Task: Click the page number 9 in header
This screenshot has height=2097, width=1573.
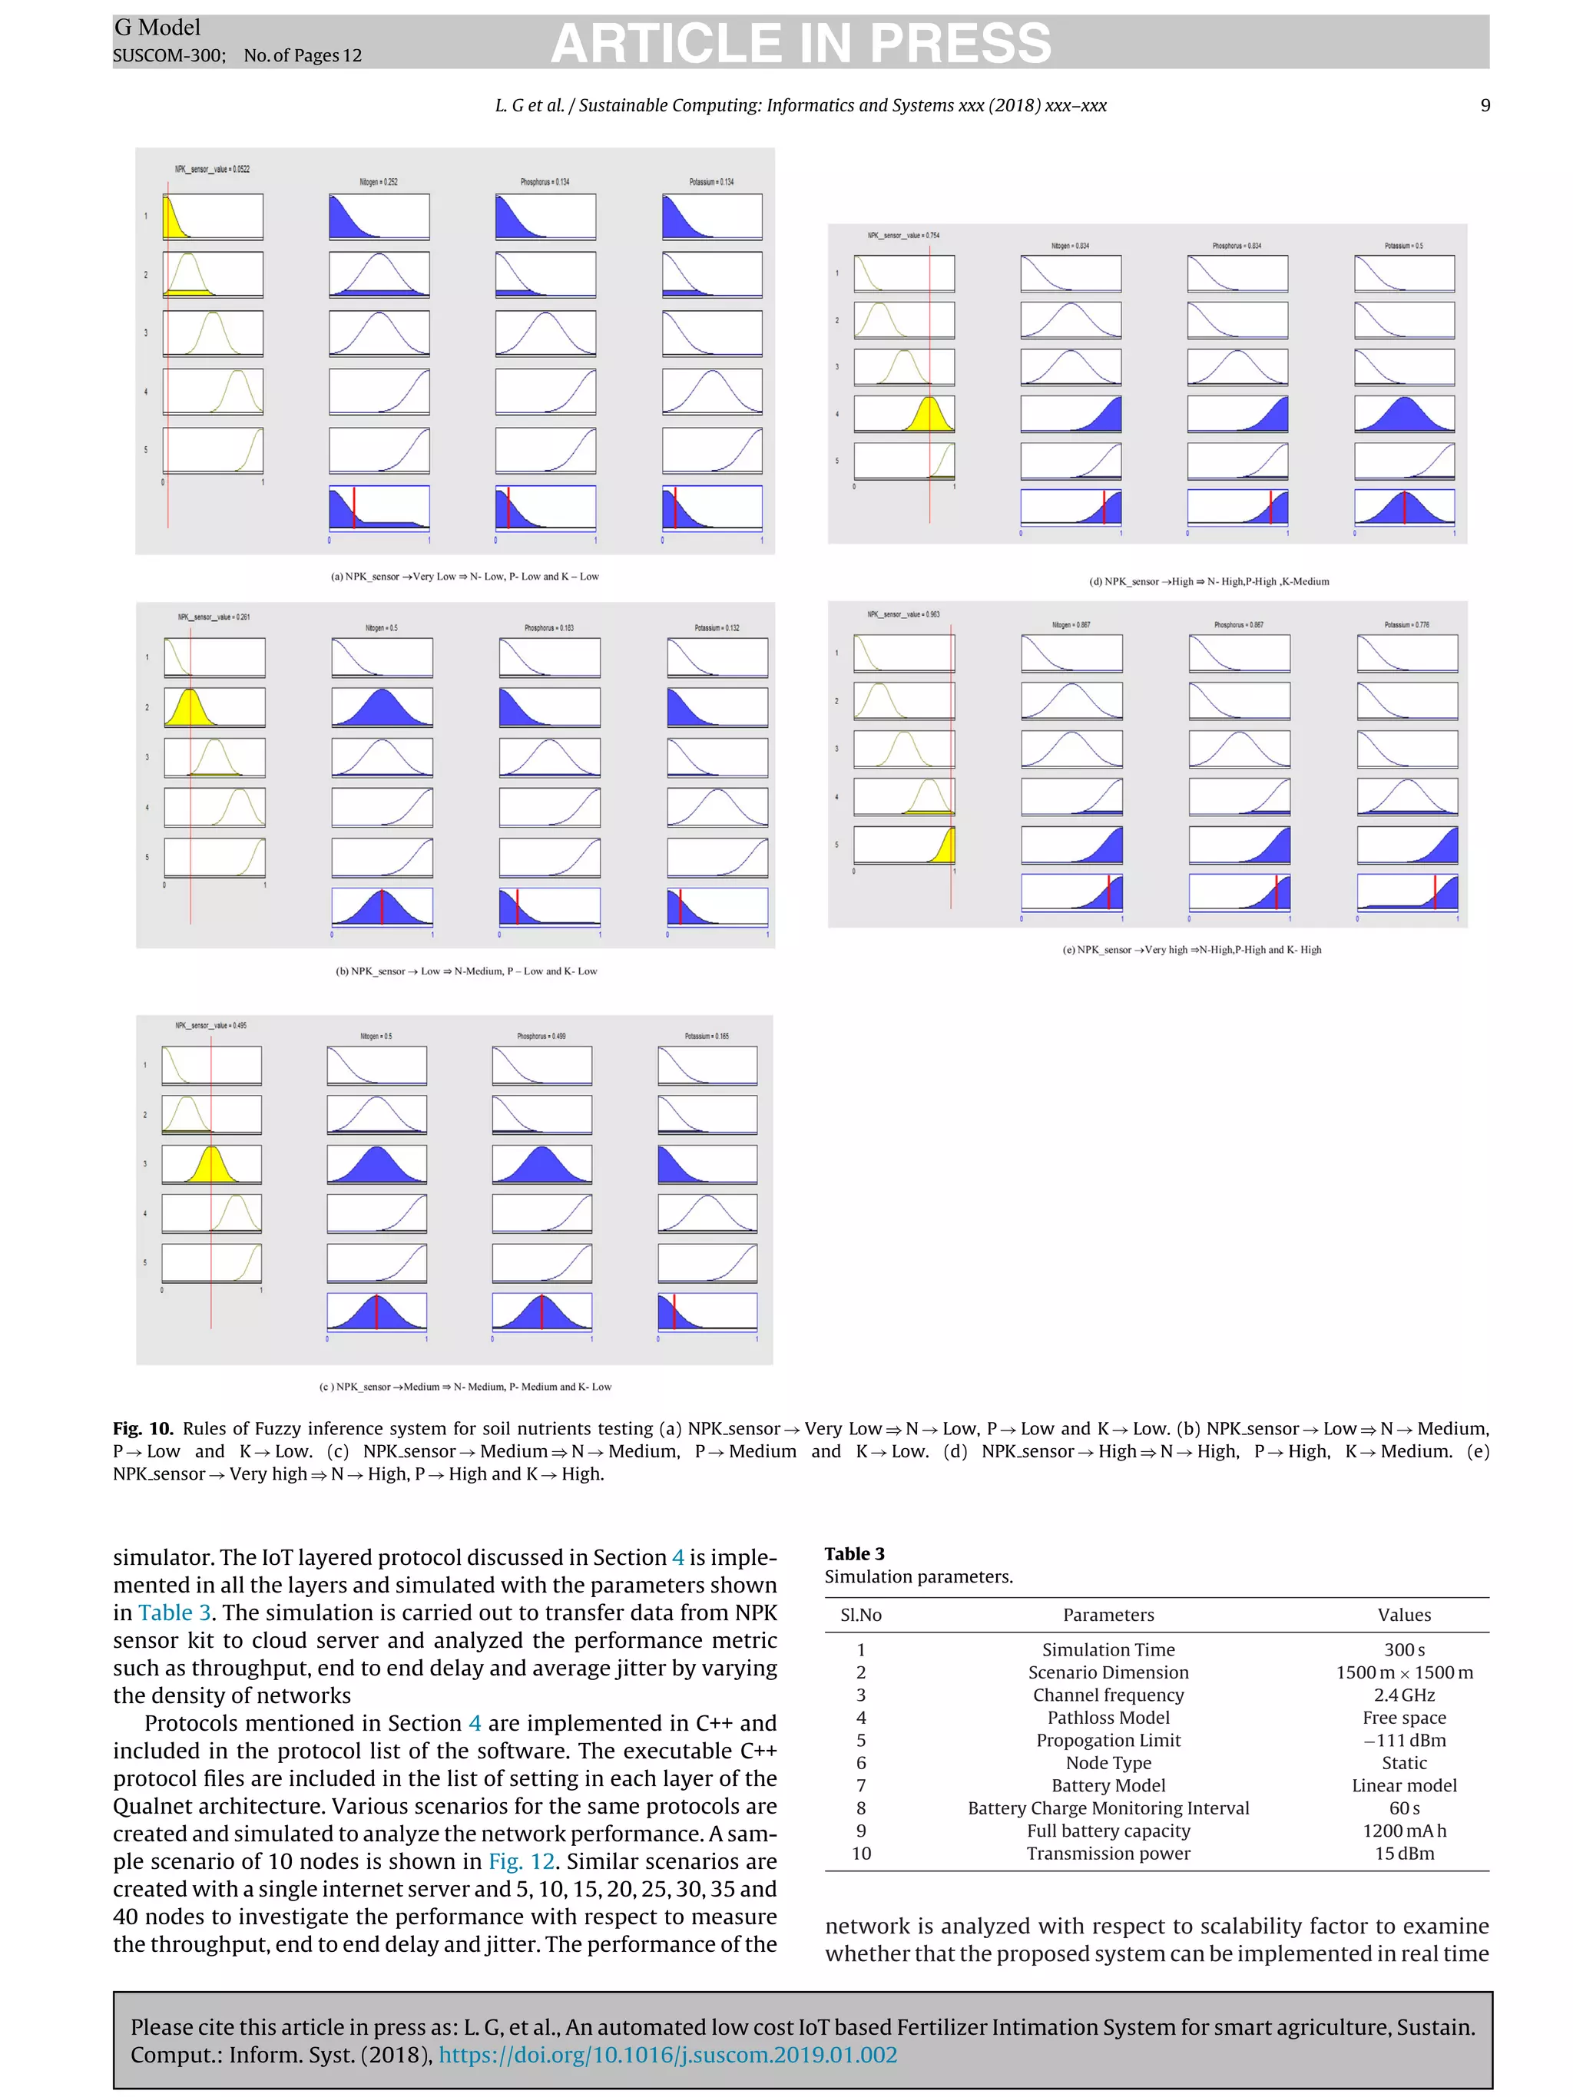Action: point(1485,105)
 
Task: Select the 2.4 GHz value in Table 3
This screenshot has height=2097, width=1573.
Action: point(1403,1695)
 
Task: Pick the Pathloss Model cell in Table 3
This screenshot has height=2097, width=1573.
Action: point(1108,1718)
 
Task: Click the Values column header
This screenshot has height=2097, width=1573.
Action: point(1403,1615)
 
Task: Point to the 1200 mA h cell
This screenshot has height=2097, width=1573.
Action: point(1403,1831)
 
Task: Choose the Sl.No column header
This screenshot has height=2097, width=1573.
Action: point(860,1615)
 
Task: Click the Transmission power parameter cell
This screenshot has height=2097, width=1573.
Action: point(1108,1854)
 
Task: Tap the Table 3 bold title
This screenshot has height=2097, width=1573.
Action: point(853,1554)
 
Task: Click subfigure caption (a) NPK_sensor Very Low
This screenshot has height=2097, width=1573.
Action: point(464,577)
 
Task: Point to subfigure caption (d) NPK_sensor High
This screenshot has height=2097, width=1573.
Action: point(1208,581)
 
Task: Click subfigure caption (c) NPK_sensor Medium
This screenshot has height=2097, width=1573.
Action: point(465,1386)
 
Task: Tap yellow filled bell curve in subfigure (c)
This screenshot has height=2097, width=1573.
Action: point(211,1165)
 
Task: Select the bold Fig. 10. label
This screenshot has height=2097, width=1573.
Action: point(142,1429)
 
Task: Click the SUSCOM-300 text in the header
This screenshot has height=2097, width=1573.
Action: point(168,56)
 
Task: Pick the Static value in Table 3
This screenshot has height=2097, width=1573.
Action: point(1403,1763)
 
